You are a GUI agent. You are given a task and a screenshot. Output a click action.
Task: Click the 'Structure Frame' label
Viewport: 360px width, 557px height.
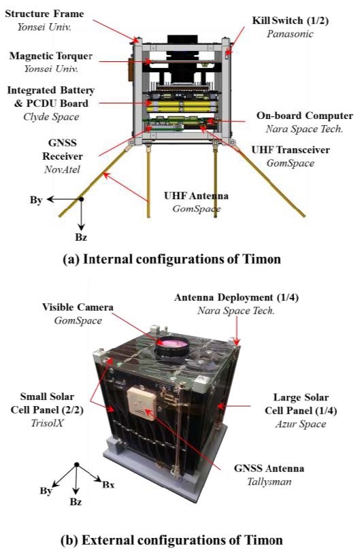[x=44, y=14]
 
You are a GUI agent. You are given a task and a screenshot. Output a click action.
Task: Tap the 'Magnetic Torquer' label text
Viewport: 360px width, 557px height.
[x=51, y=56]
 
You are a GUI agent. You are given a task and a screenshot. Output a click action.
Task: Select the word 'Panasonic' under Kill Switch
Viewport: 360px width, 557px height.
[x=290, y=34]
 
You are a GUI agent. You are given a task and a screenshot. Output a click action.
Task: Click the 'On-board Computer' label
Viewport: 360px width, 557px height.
[x=305, y=116]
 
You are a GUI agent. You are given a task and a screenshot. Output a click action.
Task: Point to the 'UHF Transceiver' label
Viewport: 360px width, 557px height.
[x=291, y=150]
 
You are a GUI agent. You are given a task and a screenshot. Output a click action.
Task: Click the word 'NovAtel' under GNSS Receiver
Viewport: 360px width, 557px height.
[x=62, y=169]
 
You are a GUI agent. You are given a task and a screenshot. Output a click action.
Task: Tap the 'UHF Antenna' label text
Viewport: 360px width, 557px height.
[x=196, y=196]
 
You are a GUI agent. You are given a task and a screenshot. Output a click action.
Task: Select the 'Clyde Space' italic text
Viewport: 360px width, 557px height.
[x=51, y=117]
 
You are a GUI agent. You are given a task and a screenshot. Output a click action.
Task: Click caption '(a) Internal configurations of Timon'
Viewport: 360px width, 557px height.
[x=171, y=259]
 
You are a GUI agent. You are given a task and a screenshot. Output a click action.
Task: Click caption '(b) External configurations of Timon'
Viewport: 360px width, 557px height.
[x=171, y=540]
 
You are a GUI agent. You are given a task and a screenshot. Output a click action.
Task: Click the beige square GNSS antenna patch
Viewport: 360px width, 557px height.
[x=142, y=403]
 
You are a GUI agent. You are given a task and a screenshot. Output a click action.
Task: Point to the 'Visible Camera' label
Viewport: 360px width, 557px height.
[x=78, y=307]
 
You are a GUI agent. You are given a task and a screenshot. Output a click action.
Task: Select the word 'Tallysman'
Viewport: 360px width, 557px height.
[x=269, y=482]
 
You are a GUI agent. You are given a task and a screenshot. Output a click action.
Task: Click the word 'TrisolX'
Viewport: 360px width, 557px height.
[x=47, y=423]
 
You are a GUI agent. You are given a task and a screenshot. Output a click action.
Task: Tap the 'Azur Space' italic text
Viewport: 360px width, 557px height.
[x=301, y=424]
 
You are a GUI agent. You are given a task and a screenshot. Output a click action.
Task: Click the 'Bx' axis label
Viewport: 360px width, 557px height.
[x=108, y=484]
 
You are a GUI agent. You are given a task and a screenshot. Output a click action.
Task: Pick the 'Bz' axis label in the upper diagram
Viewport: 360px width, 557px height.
[x=81, y=237]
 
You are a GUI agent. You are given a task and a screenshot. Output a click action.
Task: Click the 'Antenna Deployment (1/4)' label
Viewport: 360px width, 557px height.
[x=236, y=297]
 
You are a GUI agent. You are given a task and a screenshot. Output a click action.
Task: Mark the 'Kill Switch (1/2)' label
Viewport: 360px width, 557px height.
[x=291, y=20]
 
